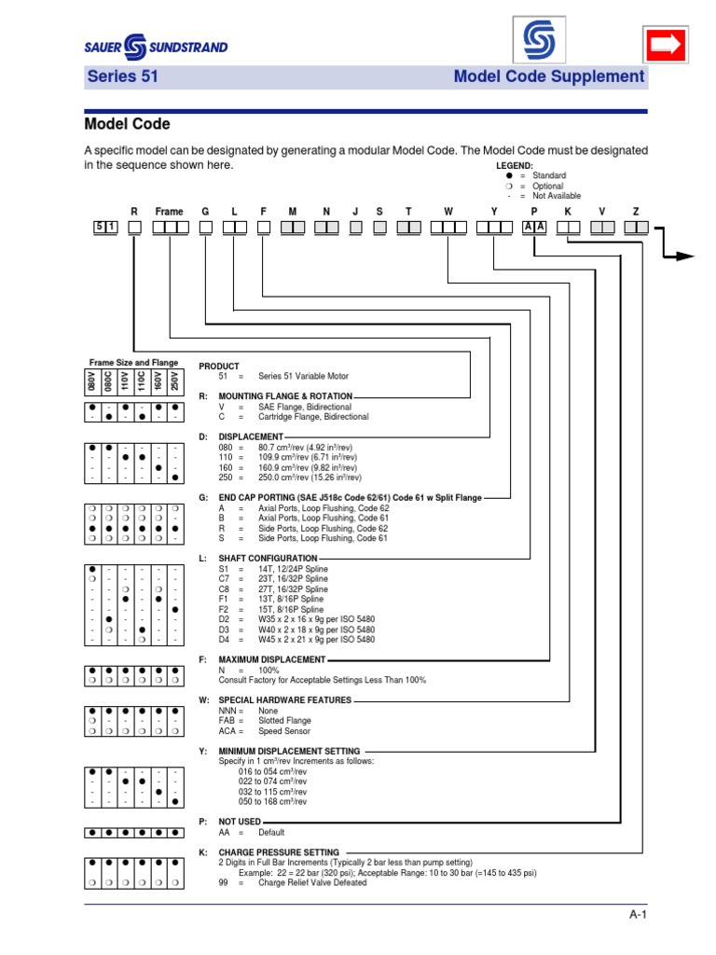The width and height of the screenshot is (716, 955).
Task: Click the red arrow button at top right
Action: point(665,43)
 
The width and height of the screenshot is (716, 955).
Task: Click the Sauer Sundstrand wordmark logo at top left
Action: point(157,46)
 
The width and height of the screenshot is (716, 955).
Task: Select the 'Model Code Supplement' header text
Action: point(548,77)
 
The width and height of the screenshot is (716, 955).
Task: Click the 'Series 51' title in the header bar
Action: point(122,77)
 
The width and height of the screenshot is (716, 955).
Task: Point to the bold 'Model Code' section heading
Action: point(127,124)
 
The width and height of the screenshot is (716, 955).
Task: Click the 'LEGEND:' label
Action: point(515,165)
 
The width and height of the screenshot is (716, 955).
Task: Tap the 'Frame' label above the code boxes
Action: point(169,212)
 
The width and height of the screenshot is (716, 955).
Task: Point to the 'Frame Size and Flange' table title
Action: point(133,362)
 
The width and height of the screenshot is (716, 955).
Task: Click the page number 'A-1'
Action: point(638,916)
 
